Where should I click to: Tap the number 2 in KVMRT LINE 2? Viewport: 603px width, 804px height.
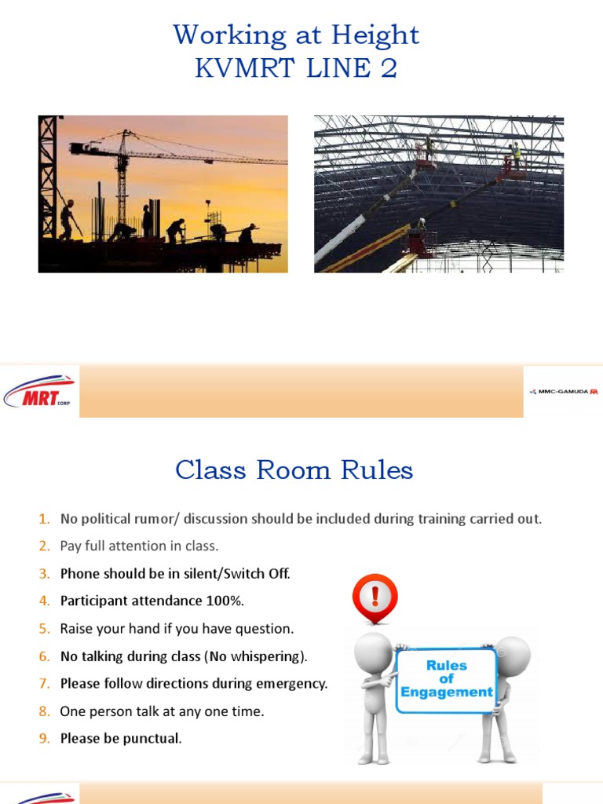(x=389, y=69)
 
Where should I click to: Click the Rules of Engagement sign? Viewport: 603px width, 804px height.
(x=446, y=679)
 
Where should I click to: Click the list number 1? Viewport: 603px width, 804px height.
(x=44, y=519)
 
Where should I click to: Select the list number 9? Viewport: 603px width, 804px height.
(x=44, y=739)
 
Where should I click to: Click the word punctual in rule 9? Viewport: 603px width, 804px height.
(x=152, y=739)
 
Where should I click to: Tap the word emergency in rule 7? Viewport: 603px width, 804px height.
(x=292, y=684)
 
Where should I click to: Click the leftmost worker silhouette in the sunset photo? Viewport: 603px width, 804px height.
(x=68, y=219)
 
